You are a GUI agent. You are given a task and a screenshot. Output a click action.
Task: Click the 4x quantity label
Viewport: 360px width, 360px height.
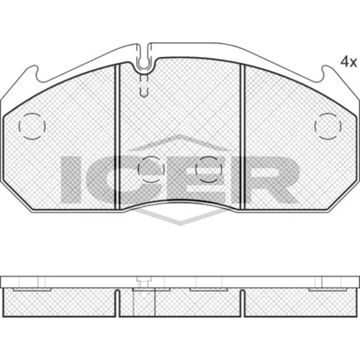point(348,63)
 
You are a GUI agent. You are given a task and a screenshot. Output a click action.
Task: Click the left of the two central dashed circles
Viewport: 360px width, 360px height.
point(151,156)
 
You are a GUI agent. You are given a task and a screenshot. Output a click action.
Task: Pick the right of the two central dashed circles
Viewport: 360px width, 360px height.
point(209,156)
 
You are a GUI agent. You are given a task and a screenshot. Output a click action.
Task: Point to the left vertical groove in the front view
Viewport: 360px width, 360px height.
point(117,137)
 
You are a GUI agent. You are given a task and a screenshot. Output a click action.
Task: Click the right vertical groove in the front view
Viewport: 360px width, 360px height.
point(242,137)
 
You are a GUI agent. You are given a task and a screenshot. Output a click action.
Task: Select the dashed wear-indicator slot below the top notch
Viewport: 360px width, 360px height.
point(144,85)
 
